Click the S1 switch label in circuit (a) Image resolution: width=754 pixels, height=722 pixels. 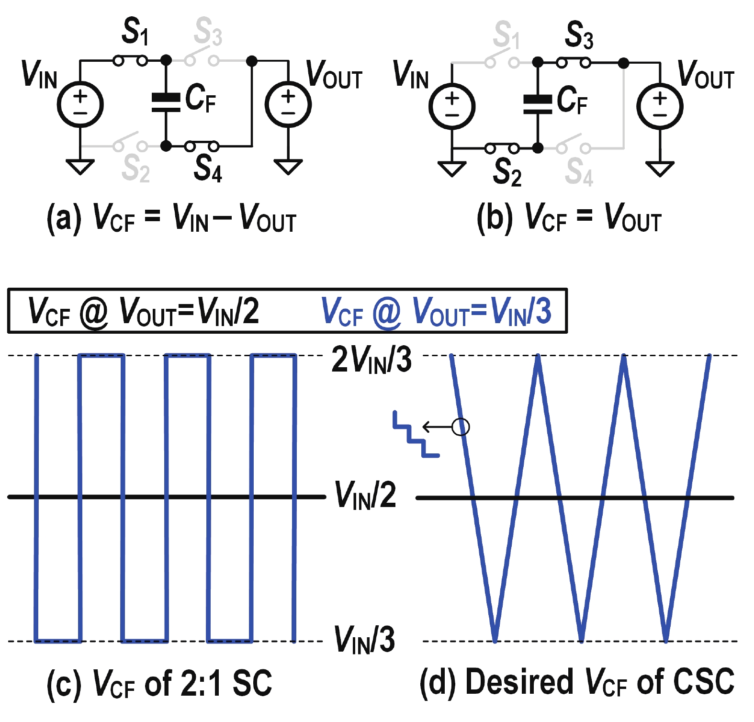point(135,31)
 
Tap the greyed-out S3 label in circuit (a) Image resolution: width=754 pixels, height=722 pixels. point(208,31)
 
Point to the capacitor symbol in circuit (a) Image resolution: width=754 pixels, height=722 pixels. point(166,102)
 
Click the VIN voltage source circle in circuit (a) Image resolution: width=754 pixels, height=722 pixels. point(80,104)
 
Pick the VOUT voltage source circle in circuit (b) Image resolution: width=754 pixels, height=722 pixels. point(660,106)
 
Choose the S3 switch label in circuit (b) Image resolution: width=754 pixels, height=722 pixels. point(579,34)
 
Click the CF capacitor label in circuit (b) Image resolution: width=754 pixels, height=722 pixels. point(573,101)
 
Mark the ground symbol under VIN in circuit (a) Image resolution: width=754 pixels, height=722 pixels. point(80,167)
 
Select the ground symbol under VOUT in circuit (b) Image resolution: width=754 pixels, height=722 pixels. point(660,169)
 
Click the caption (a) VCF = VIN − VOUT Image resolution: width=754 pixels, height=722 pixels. point(171,218)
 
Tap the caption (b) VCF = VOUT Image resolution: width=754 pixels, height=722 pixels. point(569,218)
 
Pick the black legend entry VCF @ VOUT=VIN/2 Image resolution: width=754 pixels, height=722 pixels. point(144,311)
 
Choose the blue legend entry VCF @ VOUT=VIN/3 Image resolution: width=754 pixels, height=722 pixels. point(436,311)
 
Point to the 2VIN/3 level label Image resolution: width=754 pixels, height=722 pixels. point(371,360)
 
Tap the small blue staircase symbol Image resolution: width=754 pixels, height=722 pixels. point(415,434)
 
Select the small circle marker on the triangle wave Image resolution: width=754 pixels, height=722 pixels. point(461,427)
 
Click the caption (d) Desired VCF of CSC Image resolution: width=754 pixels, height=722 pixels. point(576,682)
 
